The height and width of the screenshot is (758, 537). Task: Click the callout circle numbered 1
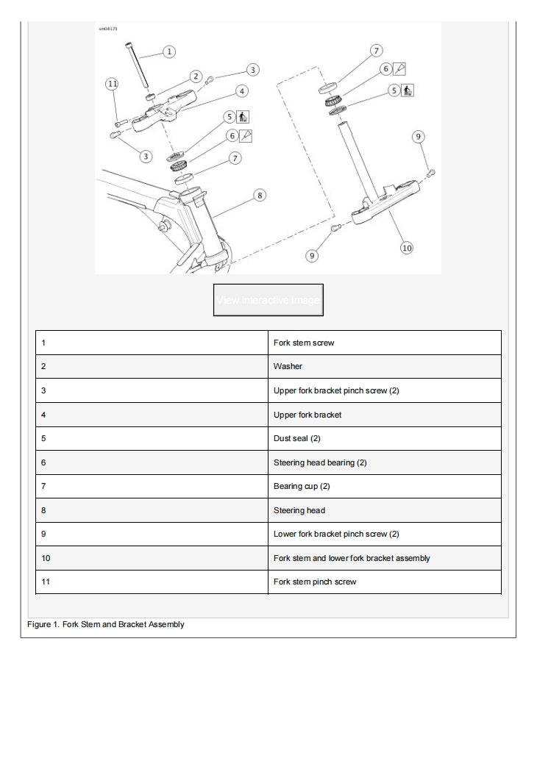tap(168, 51)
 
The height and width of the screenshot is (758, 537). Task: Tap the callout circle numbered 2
tap(196, 76)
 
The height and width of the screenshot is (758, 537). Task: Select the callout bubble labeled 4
tap(241, 90)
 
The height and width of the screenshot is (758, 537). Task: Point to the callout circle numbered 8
tap(259, 195)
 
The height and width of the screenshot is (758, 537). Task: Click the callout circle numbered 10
tap(406, 248)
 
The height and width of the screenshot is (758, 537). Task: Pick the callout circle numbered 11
tap(112, 85)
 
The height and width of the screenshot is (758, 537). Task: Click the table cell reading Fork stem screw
tap(384, 343)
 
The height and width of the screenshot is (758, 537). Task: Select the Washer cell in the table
tap(384, 366)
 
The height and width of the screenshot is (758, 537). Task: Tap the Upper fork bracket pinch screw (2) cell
tap(384, 390)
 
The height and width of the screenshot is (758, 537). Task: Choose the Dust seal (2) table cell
tap(384, 438)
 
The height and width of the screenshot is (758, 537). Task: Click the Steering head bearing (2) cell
tap(384, 462)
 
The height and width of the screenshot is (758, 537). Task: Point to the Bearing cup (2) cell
tap(384, 486)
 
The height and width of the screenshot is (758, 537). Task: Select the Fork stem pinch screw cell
tap(384, 582)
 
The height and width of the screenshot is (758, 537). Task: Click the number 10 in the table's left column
tap(46, 558)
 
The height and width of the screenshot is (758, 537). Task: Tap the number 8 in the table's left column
tap(43, 510)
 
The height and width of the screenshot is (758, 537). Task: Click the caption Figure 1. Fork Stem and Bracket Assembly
tap(106, 624)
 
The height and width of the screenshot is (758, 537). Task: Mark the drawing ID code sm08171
tap(107, 29)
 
